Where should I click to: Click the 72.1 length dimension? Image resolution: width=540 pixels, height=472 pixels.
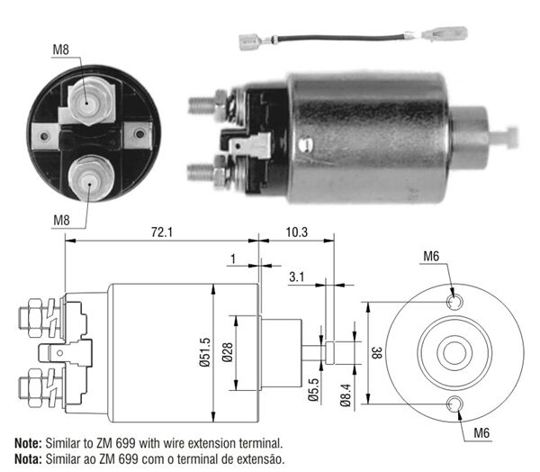coord(161,232)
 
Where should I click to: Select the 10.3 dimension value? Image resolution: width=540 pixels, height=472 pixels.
coord(296,232)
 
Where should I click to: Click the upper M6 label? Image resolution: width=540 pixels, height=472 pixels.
coord(431,258)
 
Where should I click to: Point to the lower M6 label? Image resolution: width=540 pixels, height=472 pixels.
coord(482,434)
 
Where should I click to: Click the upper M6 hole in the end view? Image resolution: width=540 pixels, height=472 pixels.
coord(454,299)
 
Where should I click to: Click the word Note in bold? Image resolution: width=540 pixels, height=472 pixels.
coord(27,443)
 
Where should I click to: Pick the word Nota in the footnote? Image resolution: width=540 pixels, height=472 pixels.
coord(27,458)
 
